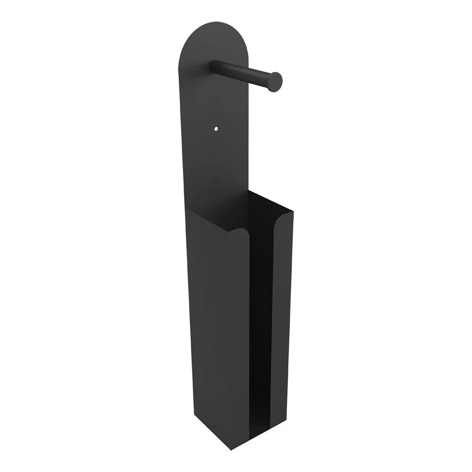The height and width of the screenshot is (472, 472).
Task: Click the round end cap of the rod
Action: pyautogui.click(x=274, y=81)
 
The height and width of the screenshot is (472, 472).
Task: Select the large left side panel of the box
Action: pyautogui.click(x=217, y=330)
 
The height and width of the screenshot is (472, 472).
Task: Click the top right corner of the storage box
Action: pyautogui.click(x=293, y=211)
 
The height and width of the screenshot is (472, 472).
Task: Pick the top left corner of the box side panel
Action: pyautogui.click(x=186, y=209)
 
